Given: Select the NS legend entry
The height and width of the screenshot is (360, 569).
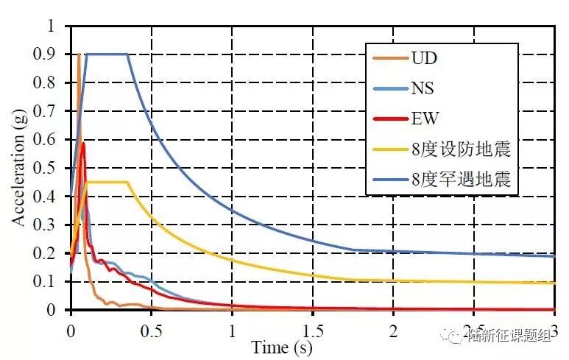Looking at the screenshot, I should point(422,88).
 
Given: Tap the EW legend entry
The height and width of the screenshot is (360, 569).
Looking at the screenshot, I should point(423,119).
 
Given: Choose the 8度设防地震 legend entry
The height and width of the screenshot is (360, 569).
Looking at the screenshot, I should point(460,149).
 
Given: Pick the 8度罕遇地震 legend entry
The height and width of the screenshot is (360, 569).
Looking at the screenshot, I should point(460,178).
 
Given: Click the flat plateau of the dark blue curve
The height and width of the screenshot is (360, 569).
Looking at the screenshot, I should point(107,54).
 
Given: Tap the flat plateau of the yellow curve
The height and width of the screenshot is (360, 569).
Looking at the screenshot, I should point(107,182).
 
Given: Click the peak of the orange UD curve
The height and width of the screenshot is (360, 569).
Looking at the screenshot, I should point(79,54).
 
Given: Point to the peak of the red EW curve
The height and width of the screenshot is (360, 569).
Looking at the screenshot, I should point(83,144).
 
